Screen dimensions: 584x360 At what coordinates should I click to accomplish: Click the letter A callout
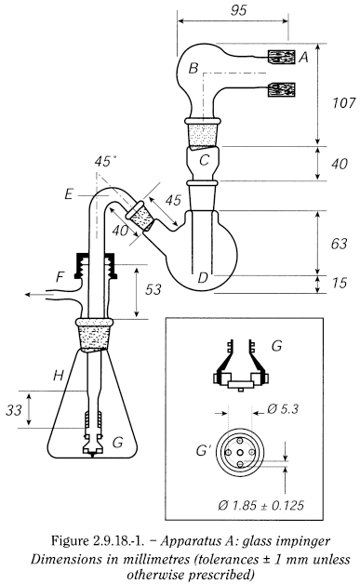(x=302, y=57)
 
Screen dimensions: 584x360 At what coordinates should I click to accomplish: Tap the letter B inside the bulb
(x=193, y=68)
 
